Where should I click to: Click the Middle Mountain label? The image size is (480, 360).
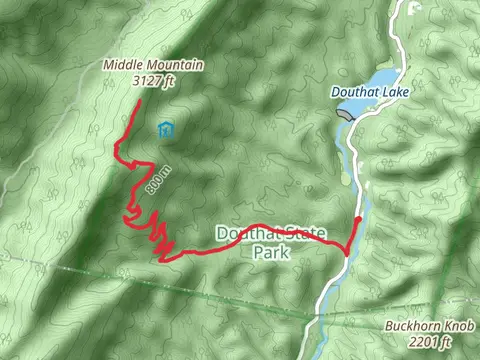tap(153, 66)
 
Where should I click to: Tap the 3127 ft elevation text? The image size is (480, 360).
tap(154, 82)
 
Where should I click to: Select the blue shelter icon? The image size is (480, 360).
tap(165, 130)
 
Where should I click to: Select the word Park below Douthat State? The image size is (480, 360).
tap(270, 253)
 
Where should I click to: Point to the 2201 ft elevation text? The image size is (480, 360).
tap(431, 342)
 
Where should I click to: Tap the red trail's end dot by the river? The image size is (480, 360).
tap(359, 219)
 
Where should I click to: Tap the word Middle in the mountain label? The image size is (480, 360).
tap(121, 66)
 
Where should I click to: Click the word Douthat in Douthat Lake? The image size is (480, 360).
tap(356, 92)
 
